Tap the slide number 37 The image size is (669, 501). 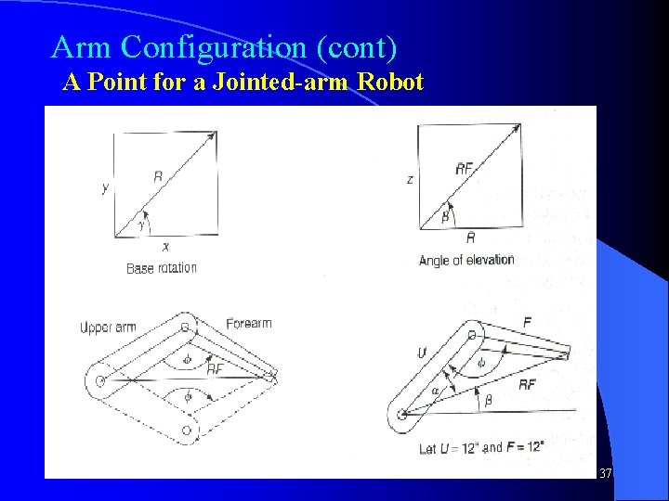click(x=606, y=474)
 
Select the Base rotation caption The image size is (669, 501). click(x=162, y=268)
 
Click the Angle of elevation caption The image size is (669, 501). click(x=466, y=260)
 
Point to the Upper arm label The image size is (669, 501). click(x=108, y=328)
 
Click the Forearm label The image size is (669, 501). click(x=248, y=324)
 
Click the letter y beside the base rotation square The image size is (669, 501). click(x=105, y=188)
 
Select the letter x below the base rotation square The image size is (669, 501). click(x=165, y=247)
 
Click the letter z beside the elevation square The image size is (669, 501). click(x=410, y=179)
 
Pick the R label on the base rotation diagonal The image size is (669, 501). click(x=158, y=176)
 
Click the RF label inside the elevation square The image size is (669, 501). click(x=464, y=168)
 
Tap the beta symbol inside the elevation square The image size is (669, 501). click(x=445, y=216)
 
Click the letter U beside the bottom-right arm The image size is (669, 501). click(x=421, y=353)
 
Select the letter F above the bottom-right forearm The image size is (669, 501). click(x=528, y=322)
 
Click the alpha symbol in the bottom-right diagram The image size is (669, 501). click(x=435, y=391)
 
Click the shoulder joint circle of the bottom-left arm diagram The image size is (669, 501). click(x=98, y=379)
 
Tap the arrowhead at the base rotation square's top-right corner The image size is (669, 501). click(x=212, y=136)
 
